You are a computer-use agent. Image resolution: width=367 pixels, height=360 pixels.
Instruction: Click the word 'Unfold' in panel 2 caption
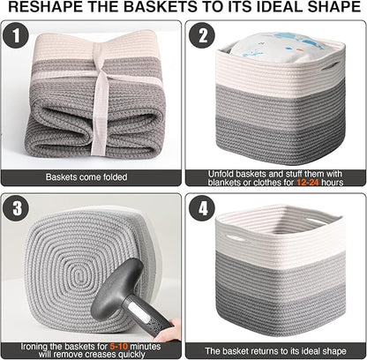(x=221, y=173)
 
